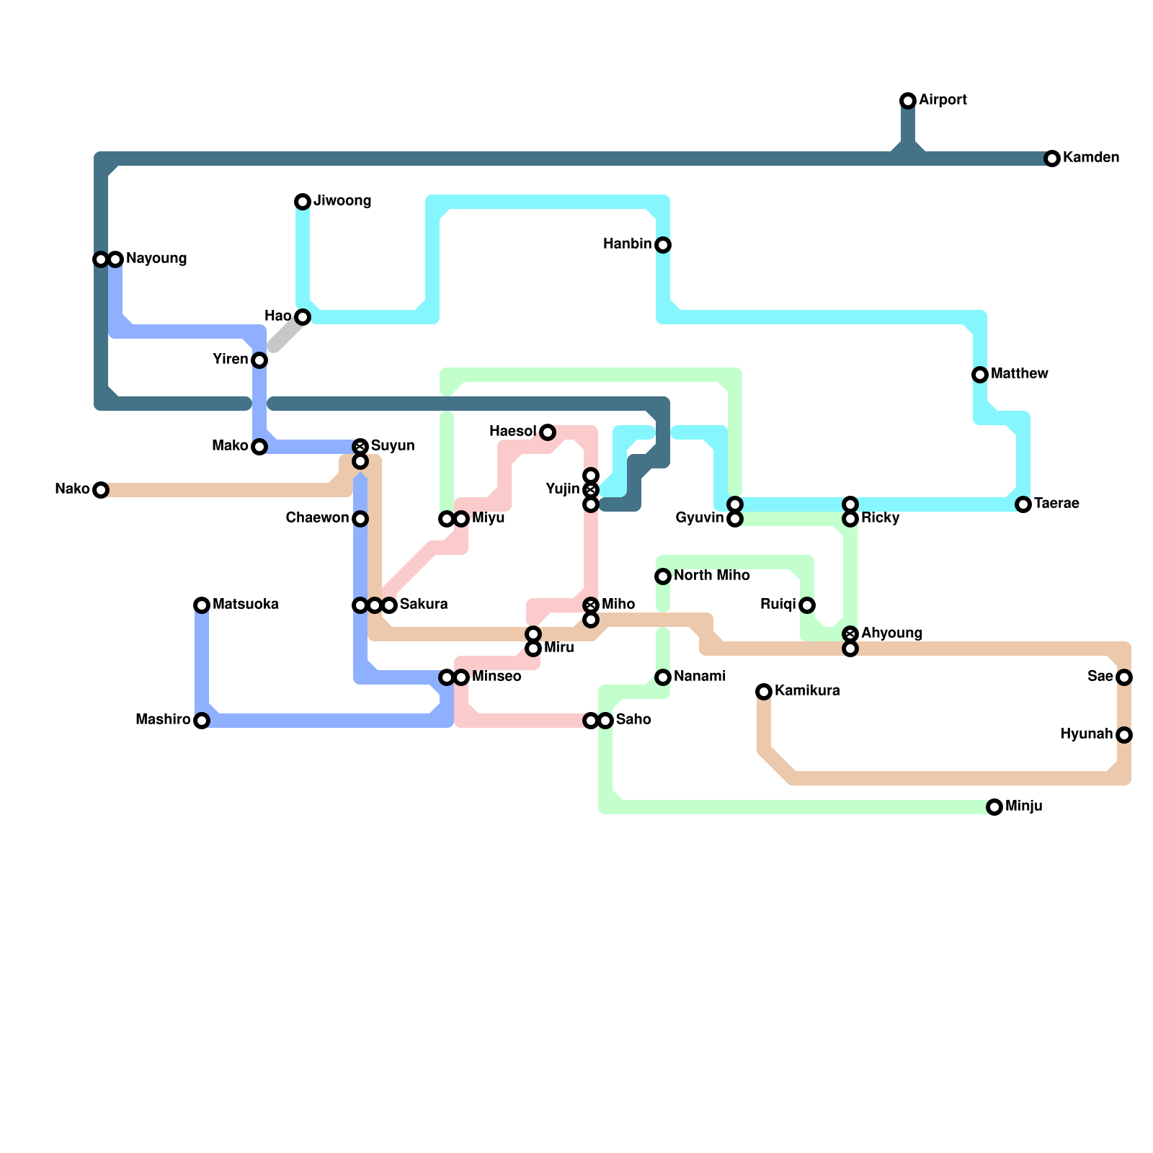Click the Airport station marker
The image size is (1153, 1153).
coord(908,101)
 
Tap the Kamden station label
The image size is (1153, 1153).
coord(1090,158)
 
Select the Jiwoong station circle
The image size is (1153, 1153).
coord(303,202)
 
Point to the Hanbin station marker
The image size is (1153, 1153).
coord(663,245)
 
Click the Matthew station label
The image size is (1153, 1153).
coord(1019,374)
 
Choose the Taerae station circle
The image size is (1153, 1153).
coord(1023,504)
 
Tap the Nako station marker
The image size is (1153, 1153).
coord(101,490)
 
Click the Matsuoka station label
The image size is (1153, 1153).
coord(245,605)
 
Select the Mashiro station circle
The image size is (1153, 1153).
coord(202,721)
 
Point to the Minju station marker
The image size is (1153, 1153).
coord(994,807)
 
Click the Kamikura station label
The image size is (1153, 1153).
coord(807,691)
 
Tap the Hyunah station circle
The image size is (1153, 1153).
coord(1124,735)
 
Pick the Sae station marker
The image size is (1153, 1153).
coord(1124,677)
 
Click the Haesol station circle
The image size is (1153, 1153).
coord(548,432)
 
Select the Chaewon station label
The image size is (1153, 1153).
coord(317,518)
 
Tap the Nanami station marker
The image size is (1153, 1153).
coord(663,677)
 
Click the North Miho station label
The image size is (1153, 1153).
coord(711,576)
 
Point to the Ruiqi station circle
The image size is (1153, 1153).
coord(807,605)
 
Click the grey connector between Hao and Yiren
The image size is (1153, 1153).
coord(287,334)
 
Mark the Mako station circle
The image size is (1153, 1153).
coord(259,447)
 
